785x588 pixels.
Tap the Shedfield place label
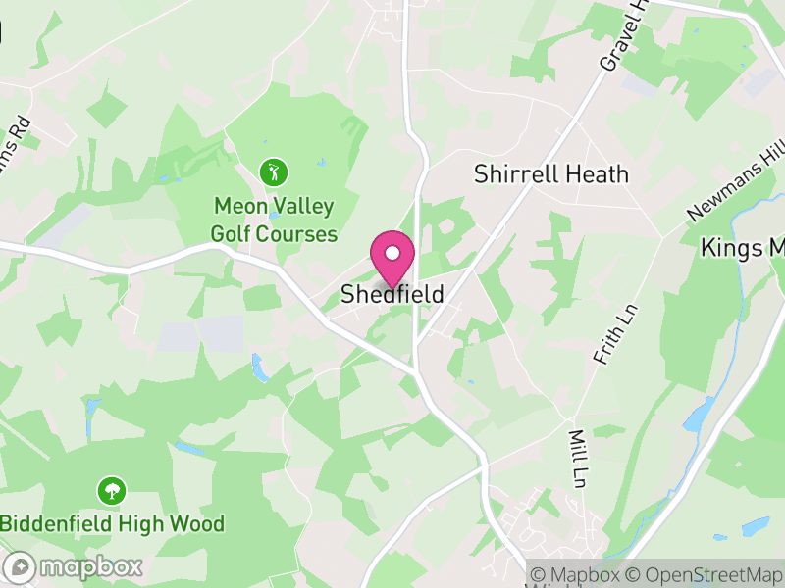tap(392, 294)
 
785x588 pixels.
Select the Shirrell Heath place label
tap(550, 174)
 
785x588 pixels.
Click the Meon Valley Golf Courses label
tap(274, 220)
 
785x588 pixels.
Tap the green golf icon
tap(274, 173)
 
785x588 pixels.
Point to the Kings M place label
tap(743, 249)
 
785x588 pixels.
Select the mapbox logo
tap(75, 566)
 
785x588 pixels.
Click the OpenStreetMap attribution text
tap(704, 574)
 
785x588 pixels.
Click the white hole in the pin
tap(392, 254)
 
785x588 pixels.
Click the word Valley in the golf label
tap(302, 208)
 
